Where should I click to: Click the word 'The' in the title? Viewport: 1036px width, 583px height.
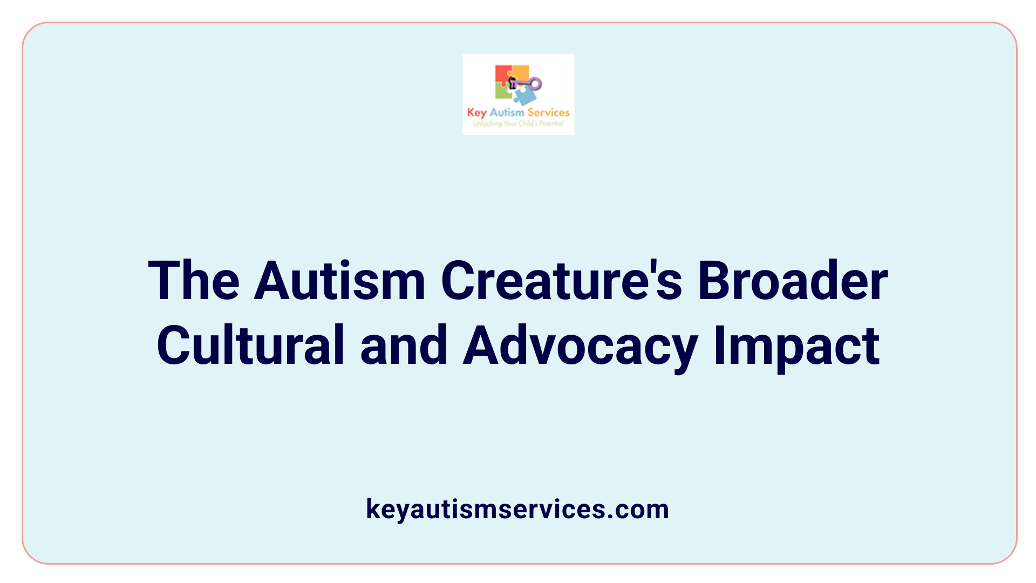[194, 281]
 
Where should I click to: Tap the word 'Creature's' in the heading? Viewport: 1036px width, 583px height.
[561, 281]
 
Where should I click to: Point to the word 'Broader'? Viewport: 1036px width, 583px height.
[792, 281]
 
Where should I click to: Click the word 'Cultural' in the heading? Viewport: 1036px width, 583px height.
[250, 345]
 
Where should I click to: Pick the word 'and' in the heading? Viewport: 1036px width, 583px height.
[404, 345]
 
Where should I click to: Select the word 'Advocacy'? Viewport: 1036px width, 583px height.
[580, 345]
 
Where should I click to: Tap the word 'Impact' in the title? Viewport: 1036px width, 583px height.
[796, 345]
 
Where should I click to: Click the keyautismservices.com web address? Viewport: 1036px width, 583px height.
[517, 509]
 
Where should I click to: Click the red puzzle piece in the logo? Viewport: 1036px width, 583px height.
[502, 74]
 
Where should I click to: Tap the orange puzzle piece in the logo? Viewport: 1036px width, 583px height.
[520, 72]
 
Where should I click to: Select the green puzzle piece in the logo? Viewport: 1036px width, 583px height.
[503, 92]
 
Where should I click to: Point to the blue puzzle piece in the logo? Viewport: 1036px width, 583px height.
[525, 96]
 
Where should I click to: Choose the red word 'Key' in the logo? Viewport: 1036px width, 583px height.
[476, 113]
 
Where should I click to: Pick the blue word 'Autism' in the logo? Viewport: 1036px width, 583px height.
[507, 112]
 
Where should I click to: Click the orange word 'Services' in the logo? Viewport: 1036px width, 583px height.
[548, 112]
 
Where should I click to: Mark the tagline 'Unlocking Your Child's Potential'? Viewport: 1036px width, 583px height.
[518, 124]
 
